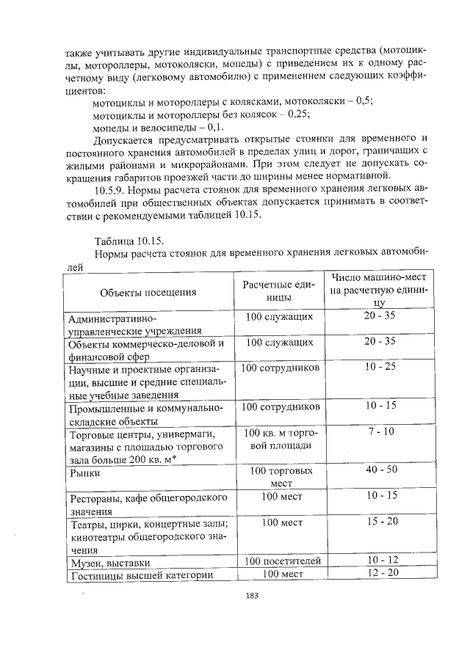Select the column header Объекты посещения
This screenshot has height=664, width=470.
pyautogui.click(x=148, y=292)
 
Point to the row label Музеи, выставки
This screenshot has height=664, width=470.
pyautogui.click(x=105, y=563)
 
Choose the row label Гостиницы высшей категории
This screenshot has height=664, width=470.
pyautogui.click(x=136, y=574)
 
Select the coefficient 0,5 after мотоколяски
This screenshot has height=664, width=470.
pyautogui.click(x=363, y=101)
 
